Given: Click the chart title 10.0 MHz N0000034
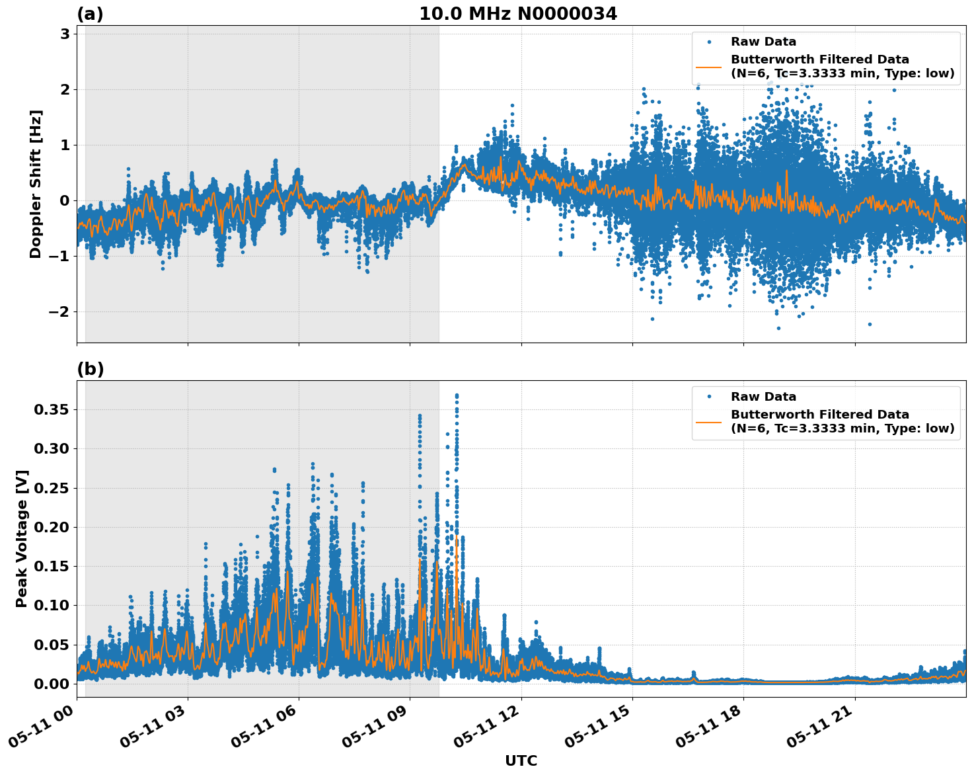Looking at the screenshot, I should [517, 14].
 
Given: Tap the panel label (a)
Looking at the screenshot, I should [90, 14].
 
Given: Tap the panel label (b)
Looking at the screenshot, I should [90, 369].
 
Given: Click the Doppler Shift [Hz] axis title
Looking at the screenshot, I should [36, 184].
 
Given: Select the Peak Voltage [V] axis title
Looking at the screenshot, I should [22, 538].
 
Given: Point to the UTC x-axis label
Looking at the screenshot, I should [521, 760].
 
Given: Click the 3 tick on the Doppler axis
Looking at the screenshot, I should [65, 34].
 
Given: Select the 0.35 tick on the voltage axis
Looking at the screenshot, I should [52, 410].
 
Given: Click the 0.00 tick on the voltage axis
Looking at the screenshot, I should [52, 684].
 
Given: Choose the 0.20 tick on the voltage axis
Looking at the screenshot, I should [52, 527].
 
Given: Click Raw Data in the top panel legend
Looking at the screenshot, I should [763, 42].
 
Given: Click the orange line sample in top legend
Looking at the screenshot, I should [709, 67].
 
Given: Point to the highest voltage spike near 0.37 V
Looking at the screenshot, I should [457, 395].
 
